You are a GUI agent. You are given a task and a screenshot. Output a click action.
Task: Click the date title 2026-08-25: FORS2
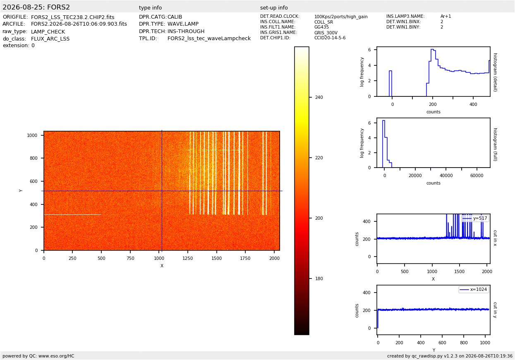click(x=36, y=7)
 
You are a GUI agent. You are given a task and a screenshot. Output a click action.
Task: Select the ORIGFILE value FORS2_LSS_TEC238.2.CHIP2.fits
click(x=73, y=17)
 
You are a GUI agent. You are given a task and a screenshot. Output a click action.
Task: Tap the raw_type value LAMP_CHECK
click(x=48, y=31)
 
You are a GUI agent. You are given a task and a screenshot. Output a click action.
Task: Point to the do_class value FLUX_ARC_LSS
click(x=50, y=38)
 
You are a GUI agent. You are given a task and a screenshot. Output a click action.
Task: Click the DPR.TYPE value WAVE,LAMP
click(x=183, y=24)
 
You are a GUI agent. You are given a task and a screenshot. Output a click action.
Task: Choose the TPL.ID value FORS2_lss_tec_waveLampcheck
click(x=209, y=38)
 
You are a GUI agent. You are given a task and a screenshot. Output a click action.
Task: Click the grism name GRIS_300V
click(x=326, y=33)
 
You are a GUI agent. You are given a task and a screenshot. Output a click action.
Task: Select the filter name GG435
click(x=321, y=27)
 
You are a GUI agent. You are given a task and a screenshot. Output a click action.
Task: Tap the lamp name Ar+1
click(x=446, y=16)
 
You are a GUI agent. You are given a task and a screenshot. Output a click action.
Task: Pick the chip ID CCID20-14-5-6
click(x=330, y=38)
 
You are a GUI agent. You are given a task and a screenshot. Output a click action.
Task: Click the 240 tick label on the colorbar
click(x=319, y=97)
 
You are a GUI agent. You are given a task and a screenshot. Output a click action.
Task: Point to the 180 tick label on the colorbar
click(x=319, y=278)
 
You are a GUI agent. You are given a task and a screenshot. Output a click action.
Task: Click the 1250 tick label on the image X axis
click(x=188, y=258)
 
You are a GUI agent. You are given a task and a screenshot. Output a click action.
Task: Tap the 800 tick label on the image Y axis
click(x=34, y=158)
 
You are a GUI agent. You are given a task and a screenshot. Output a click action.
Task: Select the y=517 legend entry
click(x=475, y=218)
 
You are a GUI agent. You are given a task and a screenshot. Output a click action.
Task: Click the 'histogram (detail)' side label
click(x=495, y=72)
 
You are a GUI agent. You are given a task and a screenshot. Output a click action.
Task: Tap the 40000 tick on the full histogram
click(x=446, y=176)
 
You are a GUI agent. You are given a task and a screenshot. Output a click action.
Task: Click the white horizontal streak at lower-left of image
click(x=73, y=215)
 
